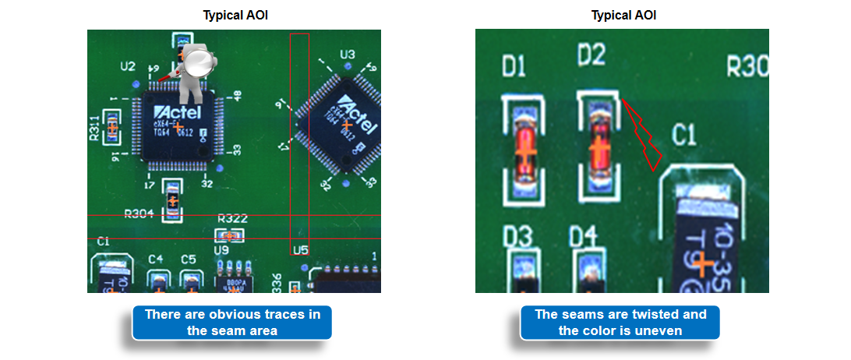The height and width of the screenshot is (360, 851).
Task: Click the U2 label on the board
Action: click(128, 66)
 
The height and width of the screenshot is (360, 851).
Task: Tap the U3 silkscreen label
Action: click(348, 55)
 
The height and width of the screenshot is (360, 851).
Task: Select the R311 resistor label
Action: click(94, 127)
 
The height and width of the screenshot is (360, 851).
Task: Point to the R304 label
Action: click(139, 213)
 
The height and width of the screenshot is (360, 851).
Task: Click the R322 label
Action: click(232, 219)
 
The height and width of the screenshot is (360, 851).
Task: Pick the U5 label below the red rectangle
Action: click(300, 250)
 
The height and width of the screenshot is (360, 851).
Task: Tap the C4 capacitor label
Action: click(156, 259)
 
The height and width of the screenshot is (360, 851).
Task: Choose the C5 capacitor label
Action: click(188, 259)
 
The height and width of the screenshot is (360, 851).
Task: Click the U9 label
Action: click(222, 250)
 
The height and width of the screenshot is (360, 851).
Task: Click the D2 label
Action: click(591, 55)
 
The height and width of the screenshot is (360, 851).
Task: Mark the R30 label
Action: click(747, 66)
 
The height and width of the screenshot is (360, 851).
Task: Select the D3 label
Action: click(517, 235)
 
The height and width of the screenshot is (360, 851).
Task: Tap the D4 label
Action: click(583, 235)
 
